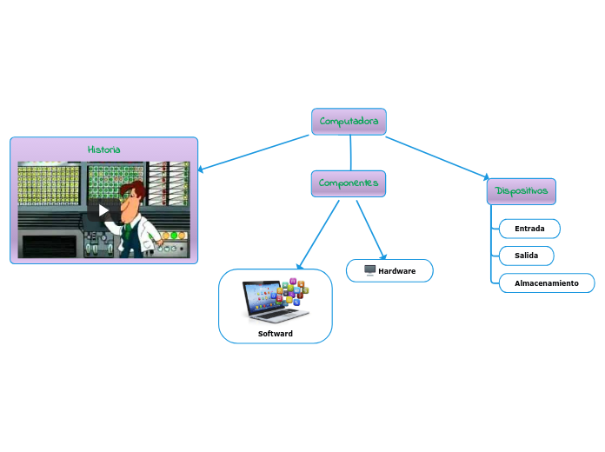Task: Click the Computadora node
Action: [x=349, y=122]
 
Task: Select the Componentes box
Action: [x=348, y=183]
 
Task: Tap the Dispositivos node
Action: [x=521, y=191]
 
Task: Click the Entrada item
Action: [x=529, y=229]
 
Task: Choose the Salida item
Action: [x=526, y=256]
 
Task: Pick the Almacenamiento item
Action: [x=546, y=283]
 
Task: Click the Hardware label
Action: [x=397, y=271]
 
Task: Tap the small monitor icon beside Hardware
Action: [x=369, y=271]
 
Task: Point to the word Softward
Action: [x=276, y=334]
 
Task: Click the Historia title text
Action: [x=104, y=150]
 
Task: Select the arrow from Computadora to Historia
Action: [x=252, y=153]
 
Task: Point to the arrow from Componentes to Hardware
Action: [x=370, y=228]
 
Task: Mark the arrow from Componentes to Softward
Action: [x=319, y=234]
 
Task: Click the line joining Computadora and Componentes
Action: [x=350, y=153]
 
